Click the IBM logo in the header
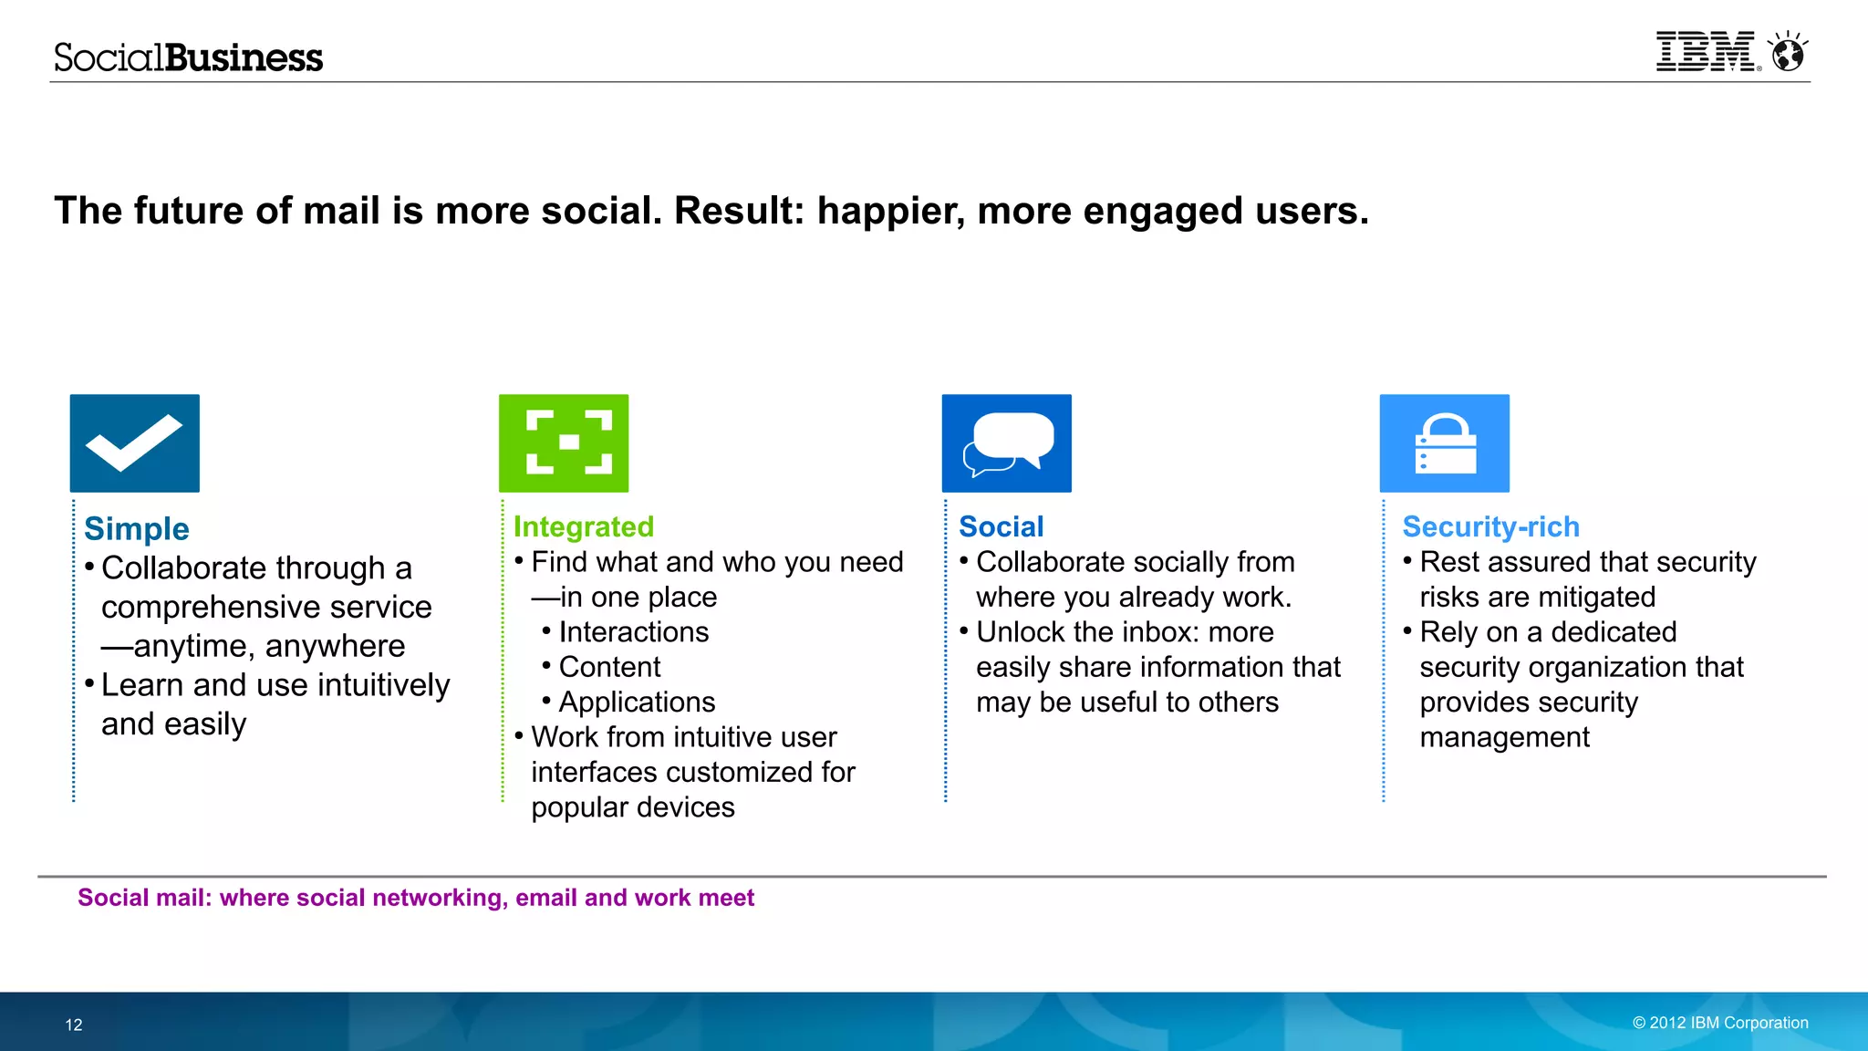pos(1705,52)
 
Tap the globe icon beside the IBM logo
pos(1788,53)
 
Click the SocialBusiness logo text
pos(188,57)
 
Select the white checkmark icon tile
pos(135,443)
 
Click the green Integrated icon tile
pos(564,443)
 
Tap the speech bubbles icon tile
pos(1006,443)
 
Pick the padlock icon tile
pos(1444,443)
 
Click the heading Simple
pos(137,529)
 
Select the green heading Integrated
pos(584,526)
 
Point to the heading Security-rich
pos(1490,526)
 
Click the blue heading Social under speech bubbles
pos(1001,526)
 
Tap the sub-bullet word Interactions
pos(633,632)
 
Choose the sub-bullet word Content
pos(609,667)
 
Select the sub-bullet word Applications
pos(637,702)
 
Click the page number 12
pos(74,1025)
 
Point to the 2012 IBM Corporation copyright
pos(1720,1023)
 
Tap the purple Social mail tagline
pos(416,898)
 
